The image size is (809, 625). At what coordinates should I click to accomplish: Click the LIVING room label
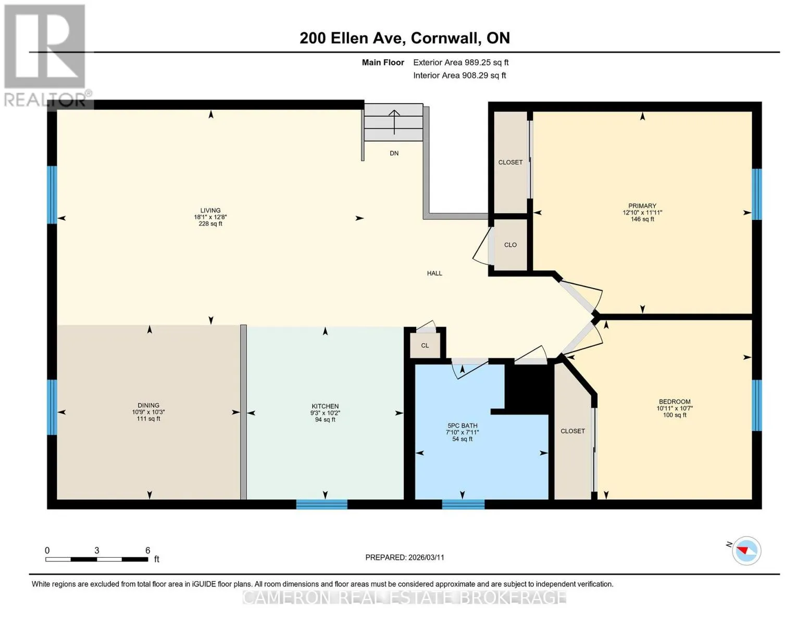pos(210,210)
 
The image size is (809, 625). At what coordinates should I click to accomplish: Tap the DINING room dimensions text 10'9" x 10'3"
pos(148,412)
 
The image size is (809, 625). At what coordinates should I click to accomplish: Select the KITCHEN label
pos(325,406)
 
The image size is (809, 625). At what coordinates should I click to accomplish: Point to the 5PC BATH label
pos(463,426)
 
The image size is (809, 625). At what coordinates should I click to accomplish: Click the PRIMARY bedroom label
pos(642,206)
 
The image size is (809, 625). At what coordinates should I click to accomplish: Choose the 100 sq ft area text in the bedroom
pos(675,415)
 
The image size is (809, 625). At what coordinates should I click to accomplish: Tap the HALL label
pos(434,273)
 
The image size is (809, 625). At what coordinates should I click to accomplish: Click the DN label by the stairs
pos(394,153)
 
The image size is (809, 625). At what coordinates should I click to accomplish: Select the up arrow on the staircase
pos(394,122)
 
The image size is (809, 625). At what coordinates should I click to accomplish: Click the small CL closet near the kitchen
pos(425,345)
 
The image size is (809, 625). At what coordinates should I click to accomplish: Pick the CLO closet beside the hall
pos(511,245)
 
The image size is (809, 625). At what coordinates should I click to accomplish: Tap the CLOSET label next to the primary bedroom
pos(511,162)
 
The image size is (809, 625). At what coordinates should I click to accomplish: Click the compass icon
pos(746,551)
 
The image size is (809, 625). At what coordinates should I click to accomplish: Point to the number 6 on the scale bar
pos(147,550)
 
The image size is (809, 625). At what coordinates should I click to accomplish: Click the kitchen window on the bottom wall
pos(321,504)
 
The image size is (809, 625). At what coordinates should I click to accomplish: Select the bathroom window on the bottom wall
pos(463,504)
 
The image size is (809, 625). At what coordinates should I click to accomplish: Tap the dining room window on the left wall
pos(52,407)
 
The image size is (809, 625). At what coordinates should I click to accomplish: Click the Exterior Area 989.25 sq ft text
pos(461,63)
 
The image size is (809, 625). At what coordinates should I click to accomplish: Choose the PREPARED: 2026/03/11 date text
pos(405,557)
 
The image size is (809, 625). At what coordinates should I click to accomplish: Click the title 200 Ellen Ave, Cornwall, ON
pos(405,38)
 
